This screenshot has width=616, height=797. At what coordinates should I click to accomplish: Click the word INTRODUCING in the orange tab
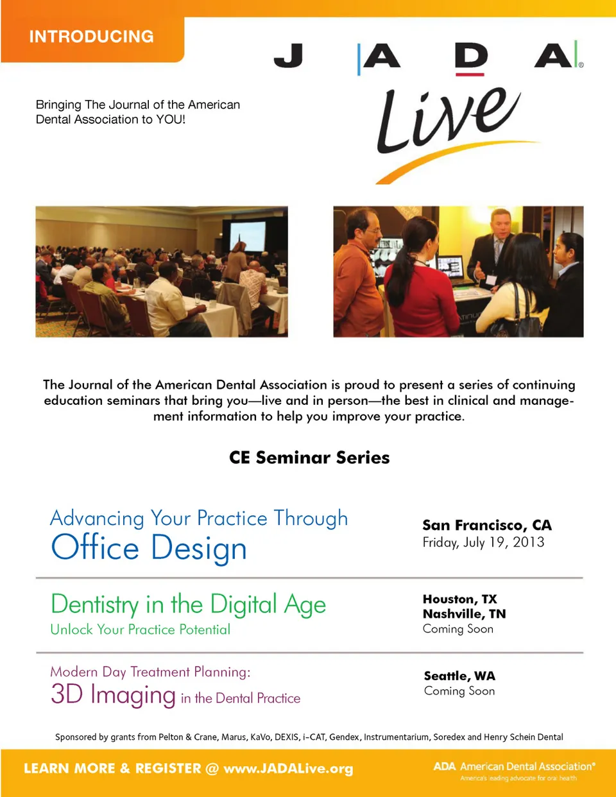click(x=91, y=37)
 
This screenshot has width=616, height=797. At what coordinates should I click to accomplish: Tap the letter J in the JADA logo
click(x=289, y=55)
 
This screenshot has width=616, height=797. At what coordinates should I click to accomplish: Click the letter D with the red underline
click(x=471, y=55)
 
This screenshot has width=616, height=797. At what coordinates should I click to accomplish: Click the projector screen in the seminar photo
click(x=248, y=236)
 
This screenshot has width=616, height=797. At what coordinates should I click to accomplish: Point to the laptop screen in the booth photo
click(x=450, y=267)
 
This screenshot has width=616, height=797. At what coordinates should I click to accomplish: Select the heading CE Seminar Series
click(x=309, y=458)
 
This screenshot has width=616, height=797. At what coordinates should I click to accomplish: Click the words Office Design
click(x=149, y=548)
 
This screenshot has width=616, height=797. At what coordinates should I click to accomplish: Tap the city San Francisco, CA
click(x=487, y=525)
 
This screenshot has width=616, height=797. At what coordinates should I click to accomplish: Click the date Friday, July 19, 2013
click(x=483, y=542)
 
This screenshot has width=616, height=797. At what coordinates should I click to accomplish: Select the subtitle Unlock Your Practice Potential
click(x=141, y=630)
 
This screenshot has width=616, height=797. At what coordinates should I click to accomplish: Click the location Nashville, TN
click(x=464, y=613)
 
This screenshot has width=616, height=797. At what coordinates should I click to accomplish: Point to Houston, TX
click(x=460, y=599)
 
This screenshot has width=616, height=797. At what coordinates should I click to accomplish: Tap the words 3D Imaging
click(x=114, y=694)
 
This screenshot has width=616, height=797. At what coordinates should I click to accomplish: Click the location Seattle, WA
click(x=459, y=676)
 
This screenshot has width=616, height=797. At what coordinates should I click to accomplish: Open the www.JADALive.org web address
click(x=289, y=768)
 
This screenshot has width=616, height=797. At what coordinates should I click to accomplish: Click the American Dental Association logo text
click(x=514, y=766)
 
